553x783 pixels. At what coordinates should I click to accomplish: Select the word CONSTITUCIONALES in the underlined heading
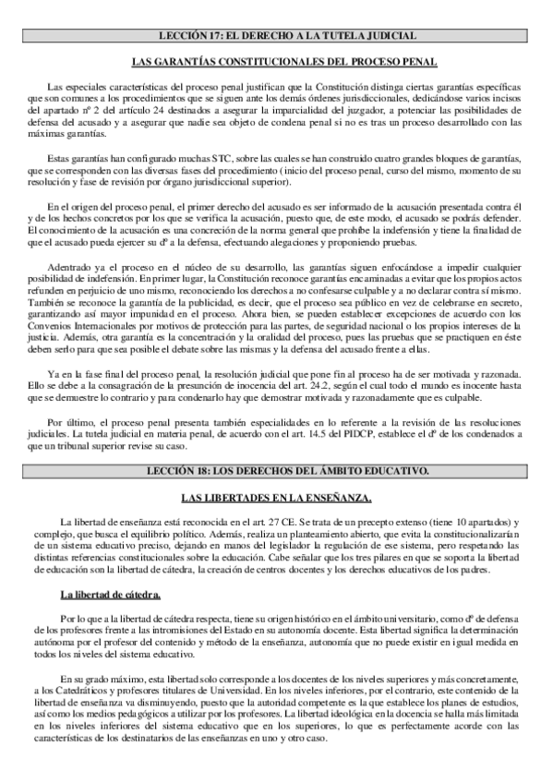coord(249,63)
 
